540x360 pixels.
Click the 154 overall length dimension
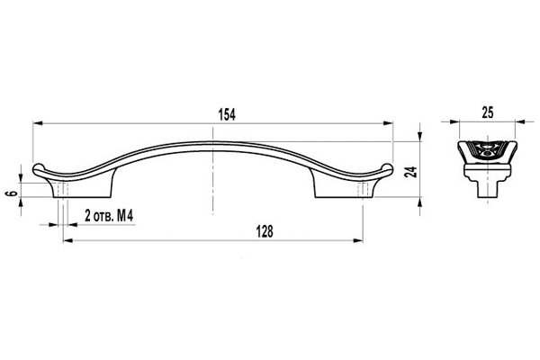tap(228, 114)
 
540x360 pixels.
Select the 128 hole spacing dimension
tap(265, 231)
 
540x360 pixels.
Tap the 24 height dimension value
tap(411, 172)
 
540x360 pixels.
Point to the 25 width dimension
tap(488, 112)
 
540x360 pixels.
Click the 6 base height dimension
tap(13, 193)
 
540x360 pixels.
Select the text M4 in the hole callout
tap(125, 216)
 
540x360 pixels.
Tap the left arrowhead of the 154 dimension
tap(37, 123)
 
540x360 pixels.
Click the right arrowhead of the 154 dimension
tap(388, 123)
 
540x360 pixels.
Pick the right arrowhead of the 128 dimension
tap(358, 240)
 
